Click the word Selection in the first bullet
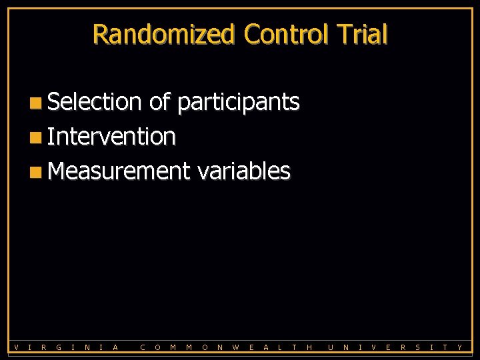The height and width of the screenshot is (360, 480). click(95, 102)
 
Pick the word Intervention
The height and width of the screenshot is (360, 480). click(111, 137)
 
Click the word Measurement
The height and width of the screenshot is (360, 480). click(119, 171)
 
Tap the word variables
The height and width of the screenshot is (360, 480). click(243, 171)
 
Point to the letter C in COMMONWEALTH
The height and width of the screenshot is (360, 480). click(143, 347)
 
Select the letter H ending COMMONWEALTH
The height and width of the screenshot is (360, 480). click(309, 347)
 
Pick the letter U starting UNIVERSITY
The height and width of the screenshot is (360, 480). click(331, 347)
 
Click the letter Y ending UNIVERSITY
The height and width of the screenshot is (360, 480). click(460, 347)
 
